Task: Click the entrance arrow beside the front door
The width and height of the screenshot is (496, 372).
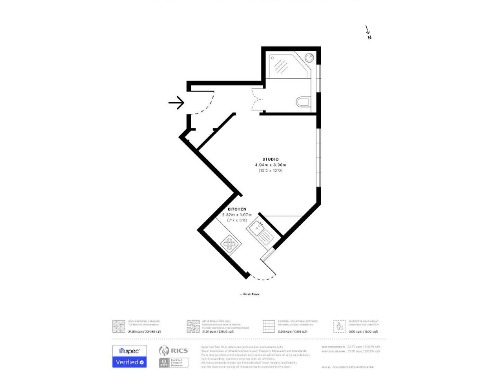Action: click(x=176, y=102)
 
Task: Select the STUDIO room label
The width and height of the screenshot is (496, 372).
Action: click(x=271, y=159)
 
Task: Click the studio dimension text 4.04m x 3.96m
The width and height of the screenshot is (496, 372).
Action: click(x=271, y=165)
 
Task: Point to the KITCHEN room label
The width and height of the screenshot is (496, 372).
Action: click(x=236, y=209)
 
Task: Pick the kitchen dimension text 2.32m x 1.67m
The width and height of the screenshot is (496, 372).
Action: click(x=236, y=214)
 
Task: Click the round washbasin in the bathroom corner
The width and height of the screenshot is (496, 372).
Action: click(x=311, y=57)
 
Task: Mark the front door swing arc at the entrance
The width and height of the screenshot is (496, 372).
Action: click(x=201, y=103)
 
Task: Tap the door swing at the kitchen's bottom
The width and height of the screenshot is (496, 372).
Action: click(x=265, y=271)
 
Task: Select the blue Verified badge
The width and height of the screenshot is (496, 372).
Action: click(x=130, y=362)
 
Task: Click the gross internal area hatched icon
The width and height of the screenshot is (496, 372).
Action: click(x=118, y=326)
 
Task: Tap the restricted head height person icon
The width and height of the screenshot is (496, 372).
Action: click(x=338, y=326)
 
